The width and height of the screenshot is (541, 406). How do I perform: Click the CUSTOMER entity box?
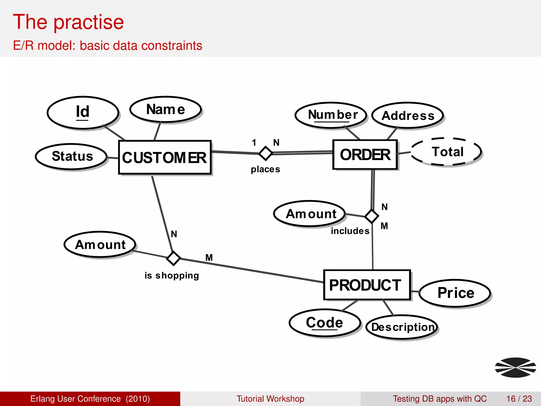click(165, 157)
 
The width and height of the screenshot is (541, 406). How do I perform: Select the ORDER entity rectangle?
click(365, 155)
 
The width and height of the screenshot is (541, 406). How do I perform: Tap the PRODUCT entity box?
click(367, 285)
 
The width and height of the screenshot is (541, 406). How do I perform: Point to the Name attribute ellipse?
click(166, 109)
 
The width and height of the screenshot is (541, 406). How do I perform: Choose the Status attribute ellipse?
click(72, 156)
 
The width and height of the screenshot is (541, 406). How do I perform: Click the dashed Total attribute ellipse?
click(446, 152)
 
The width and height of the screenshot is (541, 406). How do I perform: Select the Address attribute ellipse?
click(408, 116)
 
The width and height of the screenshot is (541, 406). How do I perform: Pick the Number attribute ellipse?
click(331, 115)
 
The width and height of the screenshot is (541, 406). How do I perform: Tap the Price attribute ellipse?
click(455, 293)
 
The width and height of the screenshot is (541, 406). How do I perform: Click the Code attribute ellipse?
click(325, 323)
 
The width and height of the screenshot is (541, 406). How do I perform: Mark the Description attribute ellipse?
click(402, 327)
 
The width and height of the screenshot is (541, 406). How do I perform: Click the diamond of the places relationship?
click(265, 153)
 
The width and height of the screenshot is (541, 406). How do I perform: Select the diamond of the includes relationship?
click(372, 216)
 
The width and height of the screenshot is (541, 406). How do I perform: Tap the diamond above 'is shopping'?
click(174, 258)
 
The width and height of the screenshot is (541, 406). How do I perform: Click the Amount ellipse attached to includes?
click(310, 214)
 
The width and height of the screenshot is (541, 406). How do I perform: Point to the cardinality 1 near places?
click(254, 142)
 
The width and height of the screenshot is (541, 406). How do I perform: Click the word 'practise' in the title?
click(89, 22)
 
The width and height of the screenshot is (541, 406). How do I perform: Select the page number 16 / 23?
click(519, 399)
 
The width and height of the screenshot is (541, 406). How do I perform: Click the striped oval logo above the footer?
click(515, 367)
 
